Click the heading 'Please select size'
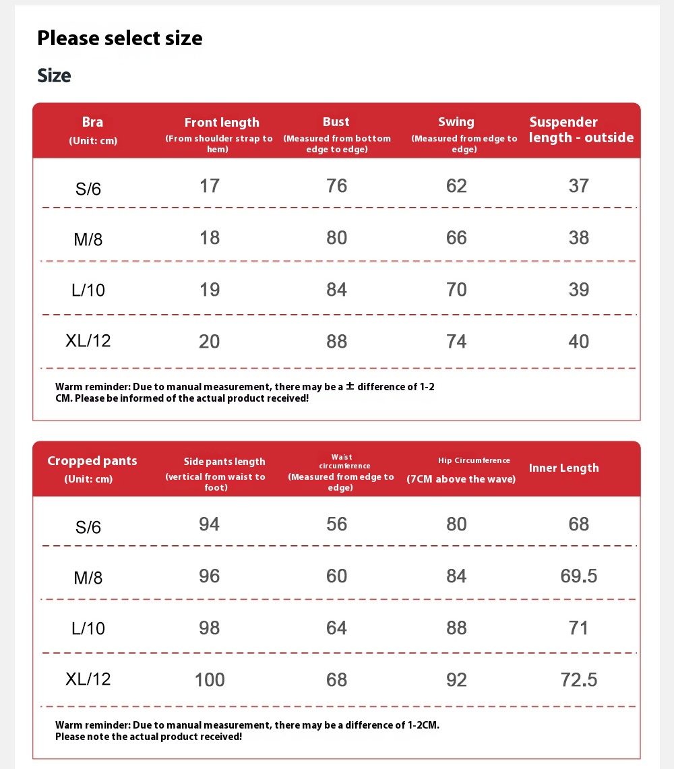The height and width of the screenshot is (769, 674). click(x=119, y=38)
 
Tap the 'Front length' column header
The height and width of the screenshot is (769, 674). click(x=222, y=122)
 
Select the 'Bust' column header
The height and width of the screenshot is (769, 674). click(x=336, y=121)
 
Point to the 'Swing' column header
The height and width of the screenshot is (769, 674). click(x=456, y=121)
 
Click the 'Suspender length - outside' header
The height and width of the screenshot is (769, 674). click(x=581, y=129)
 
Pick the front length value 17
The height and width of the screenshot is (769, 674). click(x=210, y=185)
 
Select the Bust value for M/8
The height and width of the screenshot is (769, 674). click(x=336, y=237)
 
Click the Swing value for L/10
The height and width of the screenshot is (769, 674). click(x=456, y=289)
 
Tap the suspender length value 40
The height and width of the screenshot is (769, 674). click(x=578, y=341)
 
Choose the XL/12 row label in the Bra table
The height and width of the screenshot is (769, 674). click(x=88, y=340)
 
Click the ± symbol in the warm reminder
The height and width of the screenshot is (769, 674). click(x=350, y=386)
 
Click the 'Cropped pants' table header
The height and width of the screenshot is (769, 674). click(x=92, y=461)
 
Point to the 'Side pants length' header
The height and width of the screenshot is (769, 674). click(x=224, y=462)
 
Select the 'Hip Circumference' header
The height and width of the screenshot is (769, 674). click(x=474, y=460)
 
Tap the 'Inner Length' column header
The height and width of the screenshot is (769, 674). click(x=563, y=468)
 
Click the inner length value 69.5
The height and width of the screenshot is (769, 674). click(x=578, y=576)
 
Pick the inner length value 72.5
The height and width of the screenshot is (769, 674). click(x=578, y=679)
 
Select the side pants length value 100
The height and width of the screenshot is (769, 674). click(x=210, y=679)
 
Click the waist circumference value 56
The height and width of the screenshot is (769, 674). click(x=336, y=524)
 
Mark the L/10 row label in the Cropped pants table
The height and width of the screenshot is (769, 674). click(x=88, y=628)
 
